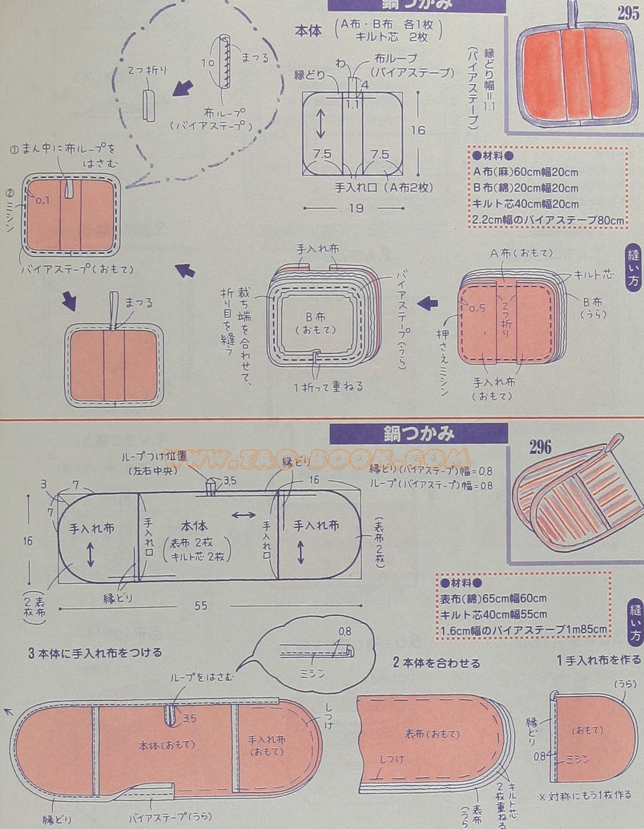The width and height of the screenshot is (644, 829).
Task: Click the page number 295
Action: (x=627, y=13)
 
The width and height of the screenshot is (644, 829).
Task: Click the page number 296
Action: (x=540, y=447)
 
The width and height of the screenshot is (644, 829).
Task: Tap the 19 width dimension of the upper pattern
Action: (x=356, y=208)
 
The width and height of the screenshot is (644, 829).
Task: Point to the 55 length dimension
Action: (x=201, y=606)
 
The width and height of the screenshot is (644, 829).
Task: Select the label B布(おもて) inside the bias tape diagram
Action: (x=317, y=322)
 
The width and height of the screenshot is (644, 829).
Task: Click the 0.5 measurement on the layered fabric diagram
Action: (x=477, y=309)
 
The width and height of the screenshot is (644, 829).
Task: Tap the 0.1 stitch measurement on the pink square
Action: (x=42, y=200)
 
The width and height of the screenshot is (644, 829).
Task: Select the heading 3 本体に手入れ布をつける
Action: (x=95, y=653)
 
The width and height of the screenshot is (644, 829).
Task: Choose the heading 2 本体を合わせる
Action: (x=436, y=663)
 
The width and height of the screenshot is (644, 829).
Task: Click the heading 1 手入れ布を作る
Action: (x=598, y=659)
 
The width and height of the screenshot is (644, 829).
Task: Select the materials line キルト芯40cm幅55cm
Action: (x=494, y=614)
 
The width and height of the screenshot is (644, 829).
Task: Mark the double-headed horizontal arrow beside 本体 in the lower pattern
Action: (x=244, y=515)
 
